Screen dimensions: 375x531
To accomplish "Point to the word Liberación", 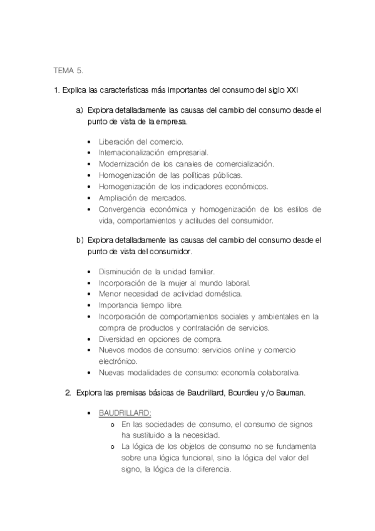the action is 118,142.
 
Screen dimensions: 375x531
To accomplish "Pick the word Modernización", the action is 125,163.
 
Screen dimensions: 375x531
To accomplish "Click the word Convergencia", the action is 125,209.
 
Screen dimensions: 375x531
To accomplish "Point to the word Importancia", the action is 121,305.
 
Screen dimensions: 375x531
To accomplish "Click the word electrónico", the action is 120,361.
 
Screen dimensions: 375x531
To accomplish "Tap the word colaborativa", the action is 276,373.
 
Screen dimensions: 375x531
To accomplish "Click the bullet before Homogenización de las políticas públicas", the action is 91,175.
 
